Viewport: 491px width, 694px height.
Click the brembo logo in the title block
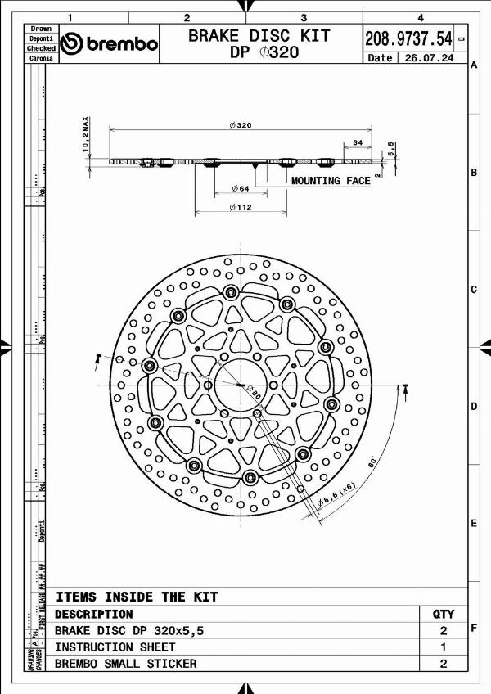[110, 44]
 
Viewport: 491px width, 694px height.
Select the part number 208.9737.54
[408, 38]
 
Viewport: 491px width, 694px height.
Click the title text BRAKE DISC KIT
[259, 35]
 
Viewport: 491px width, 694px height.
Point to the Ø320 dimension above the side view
[241, 125]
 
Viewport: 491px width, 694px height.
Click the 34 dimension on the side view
[357, 142]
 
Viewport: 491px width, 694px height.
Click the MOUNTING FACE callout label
[331, 180]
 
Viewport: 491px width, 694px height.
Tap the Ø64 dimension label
[240, 188]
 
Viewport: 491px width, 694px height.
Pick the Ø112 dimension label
[240, 208]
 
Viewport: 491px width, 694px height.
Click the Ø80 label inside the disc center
[252, 390]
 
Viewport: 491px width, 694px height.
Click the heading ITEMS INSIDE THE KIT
[137, 597]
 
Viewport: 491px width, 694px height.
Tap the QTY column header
[443, 614]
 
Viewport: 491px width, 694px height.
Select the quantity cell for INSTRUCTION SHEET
[443, 647]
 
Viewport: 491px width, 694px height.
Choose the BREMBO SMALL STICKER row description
[125, 664]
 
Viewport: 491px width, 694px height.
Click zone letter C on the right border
[474, 290]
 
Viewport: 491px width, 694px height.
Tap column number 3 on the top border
[304, 16]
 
